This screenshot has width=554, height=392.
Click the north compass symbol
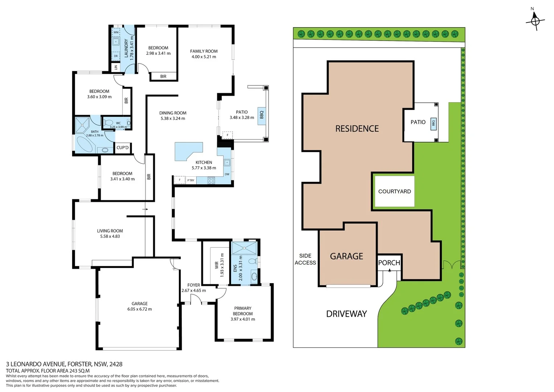(x=535, y=20)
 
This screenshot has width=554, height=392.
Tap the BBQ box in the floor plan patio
(x=262, y=115)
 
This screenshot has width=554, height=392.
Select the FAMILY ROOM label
(x=204, y=51)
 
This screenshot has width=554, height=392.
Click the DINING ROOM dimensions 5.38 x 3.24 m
(x=173, y=118)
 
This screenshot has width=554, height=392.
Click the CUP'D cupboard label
(x=123, y=148)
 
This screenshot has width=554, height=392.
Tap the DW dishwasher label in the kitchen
(x=227, y=174)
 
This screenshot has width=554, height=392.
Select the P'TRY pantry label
(x=191, y=180)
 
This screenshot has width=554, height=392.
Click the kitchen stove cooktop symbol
(x=211, y=180)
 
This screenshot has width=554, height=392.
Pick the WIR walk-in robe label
(x=217, y=265)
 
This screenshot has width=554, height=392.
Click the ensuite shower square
(x=244, y=248)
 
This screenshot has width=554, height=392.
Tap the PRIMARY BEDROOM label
(x=243, y=311)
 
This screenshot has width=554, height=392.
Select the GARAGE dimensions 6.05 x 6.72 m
(x=140, y=309)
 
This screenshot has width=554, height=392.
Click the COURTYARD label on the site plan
(x=394, y=191)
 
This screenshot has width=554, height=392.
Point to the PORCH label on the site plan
(x=389, y=263)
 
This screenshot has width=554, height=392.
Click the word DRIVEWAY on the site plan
(x=346, y=314)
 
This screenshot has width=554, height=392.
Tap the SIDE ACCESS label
(x=305, y=259)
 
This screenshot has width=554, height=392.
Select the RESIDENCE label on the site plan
(x=357, y=129)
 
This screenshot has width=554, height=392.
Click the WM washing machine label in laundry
(x=116, y=32)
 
